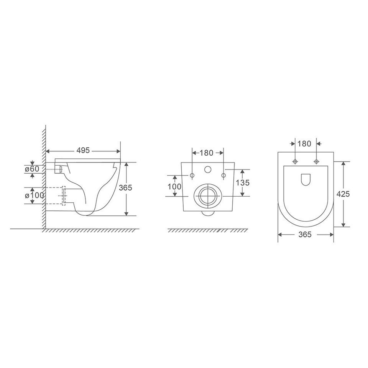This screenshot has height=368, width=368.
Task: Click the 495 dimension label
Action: coord(83,150)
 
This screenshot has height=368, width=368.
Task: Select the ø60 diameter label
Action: coord(31,169)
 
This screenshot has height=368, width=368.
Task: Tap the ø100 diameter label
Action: coord(34,195)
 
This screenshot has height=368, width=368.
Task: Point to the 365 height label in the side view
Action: coord(125,188)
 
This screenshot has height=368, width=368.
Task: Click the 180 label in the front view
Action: coord(207,153)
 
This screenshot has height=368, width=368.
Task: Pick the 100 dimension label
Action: coord(174,187)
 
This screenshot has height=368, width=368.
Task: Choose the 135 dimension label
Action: coord(243,182)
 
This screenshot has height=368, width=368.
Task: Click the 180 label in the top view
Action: coord(304,144)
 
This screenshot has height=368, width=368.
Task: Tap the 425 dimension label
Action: coord(343,194)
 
